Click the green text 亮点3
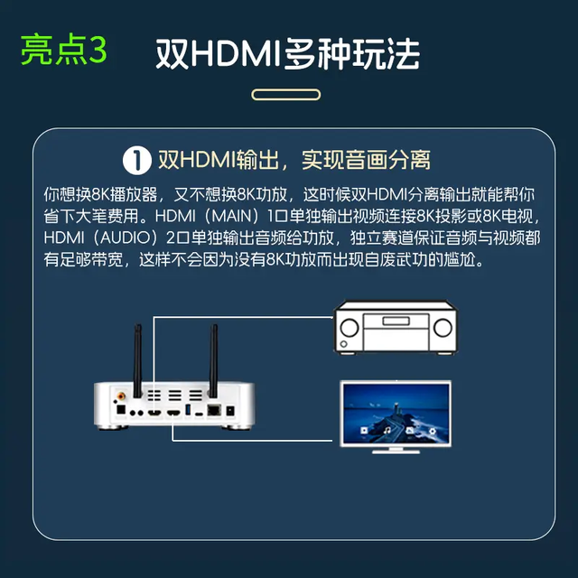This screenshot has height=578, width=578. pyautogui.click(x=64, y=51)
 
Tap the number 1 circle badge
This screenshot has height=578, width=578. pyautogui.click(x=135, y=161)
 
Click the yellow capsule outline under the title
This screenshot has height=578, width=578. pyautogui.click(x=288, y=93)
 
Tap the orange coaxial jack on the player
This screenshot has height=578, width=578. pyautogui.click(x=119, y=395)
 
